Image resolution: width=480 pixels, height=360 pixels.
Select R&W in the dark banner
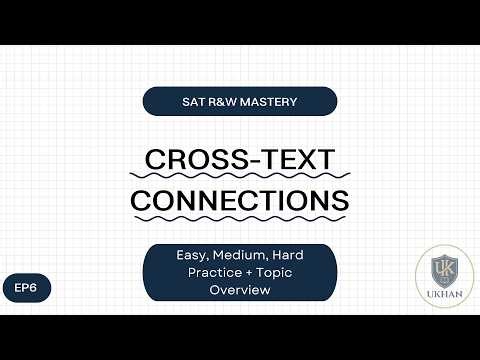coord(224,101)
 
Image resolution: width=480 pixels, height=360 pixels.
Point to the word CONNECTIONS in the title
coord(240,198)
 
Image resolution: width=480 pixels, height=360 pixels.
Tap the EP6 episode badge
coord(25,287)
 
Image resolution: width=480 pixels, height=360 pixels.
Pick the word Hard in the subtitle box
coord(285,256)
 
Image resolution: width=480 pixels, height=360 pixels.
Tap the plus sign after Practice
coord(241,272)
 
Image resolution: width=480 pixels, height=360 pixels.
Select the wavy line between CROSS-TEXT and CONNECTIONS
coord(240,179)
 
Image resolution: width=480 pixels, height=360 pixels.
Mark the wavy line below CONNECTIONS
coord(240,218)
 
